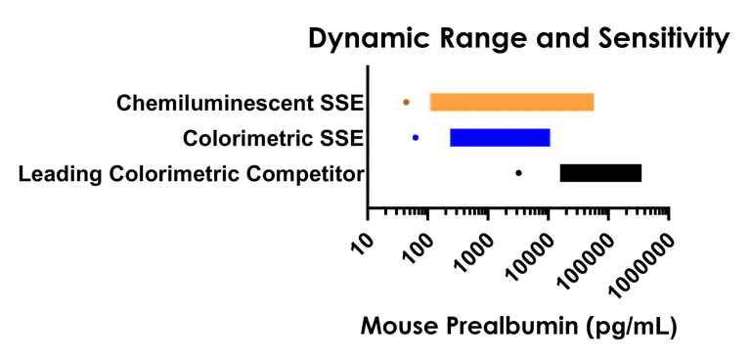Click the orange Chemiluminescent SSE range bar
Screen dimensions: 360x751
(511, 102)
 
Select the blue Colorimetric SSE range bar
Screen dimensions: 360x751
(500, 138)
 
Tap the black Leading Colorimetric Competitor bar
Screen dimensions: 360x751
(600, 173)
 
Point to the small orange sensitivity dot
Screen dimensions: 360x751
(406, 102)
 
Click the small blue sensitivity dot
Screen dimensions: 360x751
(416, 138)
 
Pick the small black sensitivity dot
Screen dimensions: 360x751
(518, 173)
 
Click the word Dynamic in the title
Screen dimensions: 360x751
(367, 41)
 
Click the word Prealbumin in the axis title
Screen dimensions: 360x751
(515, 325)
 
